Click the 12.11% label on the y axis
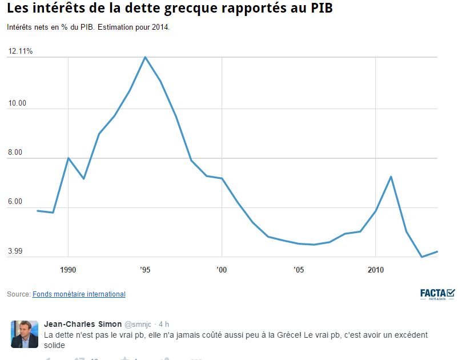(x=21, y=51)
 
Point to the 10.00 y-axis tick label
(x=17, y=103)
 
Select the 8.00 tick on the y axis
(x=15, y=153)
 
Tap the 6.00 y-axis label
(x=15, y=202)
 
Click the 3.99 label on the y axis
(x=15, y=251)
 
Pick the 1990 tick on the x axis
(x=69, y=269)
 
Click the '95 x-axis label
(x=145, y=269)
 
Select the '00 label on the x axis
(x=222, y=269)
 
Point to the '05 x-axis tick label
(x=298, y=269)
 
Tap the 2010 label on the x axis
(x=375, y=269)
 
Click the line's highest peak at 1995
(x=145, y=57)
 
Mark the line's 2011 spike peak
(x=391, y=176)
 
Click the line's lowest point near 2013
(x=421, y=257)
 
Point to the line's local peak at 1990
(x=69, y=158)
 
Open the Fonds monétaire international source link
(x=79, y=294)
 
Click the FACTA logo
(x=437, y=294)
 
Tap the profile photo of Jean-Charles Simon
(x=25, y=334)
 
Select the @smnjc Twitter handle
(x=139, y=325)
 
